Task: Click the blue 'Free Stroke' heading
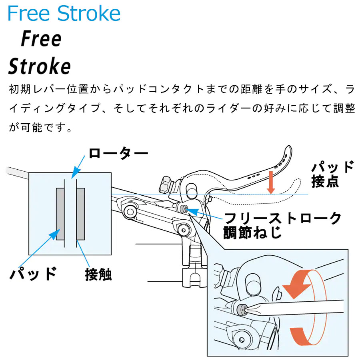[64, 13]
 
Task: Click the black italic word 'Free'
[41, 39]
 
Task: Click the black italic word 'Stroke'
[39, 66]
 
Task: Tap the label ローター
[118, 153]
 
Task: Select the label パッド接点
[332, 174]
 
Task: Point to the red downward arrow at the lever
[271, 183]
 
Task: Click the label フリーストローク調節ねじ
[282, 226]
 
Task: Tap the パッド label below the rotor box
[33, 274]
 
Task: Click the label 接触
[98, 275]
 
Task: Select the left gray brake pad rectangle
[60, 214]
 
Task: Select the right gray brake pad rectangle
[80, 214]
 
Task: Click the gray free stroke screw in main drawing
[184, 209]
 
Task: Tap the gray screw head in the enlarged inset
[242, 309]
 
